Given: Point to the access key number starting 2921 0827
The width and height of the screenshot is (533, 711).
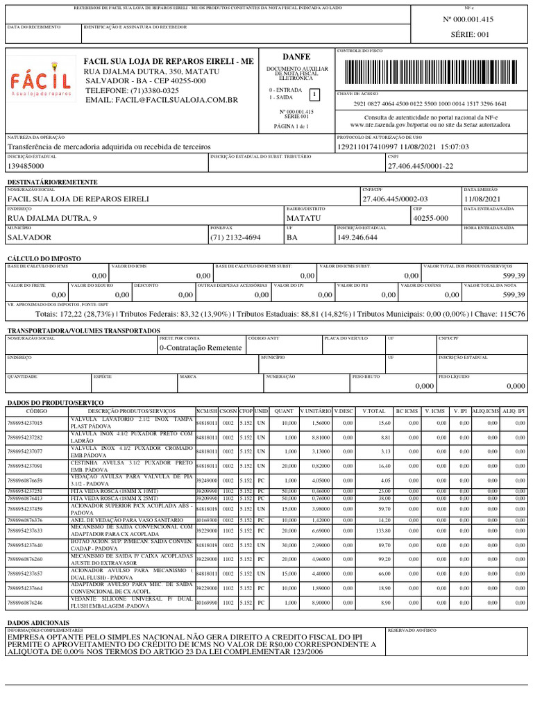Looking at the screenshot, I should coord(430,103).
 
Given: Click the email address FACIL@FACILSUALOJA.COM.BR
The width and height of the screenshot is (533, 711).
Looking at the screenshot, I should coord(161,101).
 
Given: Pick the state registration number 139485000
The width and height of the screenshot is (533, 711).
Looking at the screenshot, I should coord(26,167).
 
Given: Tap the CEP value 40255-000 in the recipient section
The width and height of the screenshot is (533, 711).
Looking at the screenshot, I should coord(430,218).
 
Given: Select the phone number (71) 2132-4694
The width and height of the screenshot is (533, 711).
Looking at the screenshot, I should coord(235,237).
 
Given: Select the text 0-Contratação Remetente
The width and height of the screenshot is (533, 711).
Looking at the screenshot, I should coord(201,347).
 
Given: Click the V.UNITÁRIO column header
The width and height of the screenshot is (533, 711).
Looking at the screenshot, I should coord(315,411).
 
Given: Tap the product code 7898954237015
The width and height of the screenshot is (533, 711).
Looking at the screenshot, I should coord(25,423).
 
